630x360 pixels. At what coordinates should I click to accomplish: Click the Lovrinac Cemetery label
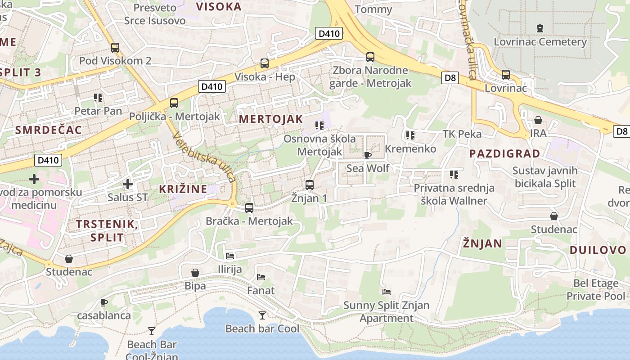coord(540,42)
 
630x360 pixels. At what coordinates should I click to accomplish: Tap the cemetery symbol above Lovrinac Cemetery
coord(540,28)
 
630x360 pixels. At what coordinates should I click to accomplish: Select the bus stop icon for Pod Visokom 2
coord(115,47)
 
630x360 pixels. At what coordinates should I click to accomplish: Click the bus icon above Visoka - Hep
coord(265,63)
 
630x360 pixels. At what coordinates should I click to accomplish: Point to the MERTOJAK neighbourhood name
coord(271,119)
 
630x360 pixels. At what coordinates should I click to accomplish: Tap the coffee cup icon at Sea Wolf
coord(368,155)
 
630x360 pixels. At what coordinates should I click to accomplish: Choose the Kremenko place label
coord(410,148)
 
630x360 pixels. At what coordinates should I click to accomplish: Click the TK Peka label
coord(462,134)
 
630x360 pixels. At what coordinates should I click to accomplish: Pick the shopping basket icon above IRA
coord(538,120)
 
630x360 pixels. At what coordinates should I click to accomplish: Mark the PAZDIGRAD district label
coord(504,153)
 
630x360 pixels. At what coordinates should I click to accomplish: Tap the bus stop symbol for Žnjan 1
coord(309,184)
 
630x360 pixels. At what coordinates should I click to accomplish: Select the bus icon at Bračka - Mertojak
coord(249,207)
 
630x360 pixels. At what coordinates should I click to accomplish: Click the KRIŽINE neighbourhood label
coord(183,189)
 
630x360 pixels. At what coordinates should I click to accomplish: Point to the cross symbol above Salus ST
coord(128,184)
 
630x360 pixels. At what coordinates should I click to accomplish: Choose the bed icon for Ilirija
coord(230,256)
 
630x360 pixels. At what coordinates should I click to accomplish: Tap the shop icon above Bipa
coord(195,273)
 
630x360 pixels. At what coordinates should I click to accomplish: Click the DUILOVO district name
coord(598,250)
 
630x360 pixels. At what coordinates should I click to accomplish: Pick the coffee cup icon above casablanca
coord(104,302)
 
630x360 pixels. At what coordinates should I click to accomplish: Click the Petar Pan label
coord(98,111)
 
